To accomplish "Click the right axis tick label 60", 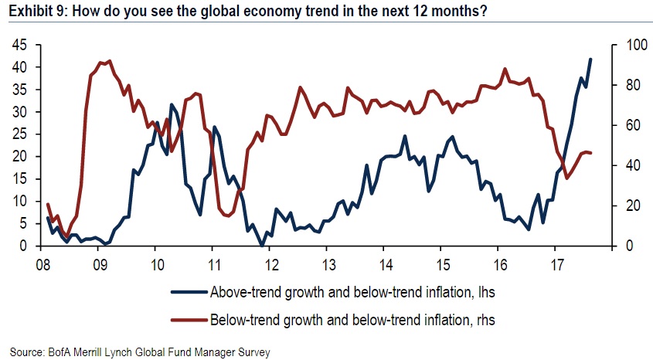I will point(624,125).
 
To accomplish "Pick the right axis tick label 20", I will point(624,205).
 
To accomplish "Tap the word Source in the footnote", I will point(22,352).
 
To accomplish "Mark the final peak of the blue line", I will point(591,59).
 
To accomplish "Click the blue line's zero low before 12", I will point(263,245).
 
